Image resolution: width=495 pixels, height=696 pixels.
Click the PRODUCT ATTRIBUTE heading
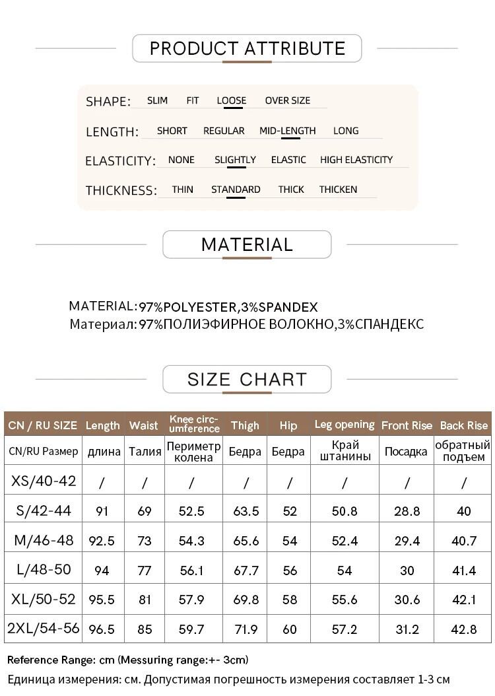[x=247, y=48]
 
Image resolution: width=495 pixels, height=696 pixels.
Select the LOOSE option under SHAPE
[x=231, y=100]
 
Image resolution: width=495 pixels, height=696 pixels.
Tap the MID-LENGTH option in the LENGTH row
[x=287, y=131]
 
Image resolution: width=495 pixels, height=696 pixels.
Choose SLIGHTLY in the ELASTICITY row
[x=235, y=160]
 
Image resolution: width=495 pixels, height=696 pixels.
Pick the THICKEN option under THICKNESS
[x=338, y=190]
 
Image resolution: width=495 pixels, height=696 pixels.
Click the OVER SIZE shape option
[x=287, y=100]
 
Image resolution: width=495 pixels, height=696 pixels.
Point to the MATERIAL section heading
[x=247, y=244]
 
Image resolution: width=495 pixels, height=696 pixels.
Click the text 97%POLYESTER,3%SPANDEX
[x=228, y=307]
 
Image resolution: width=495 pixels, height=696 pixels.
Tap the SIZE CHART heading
[x=247, y=379]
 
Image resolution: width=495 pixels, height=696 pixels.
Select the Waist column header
[x=144, y=425]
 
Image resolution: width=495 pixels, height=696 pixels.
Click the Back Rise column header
[x=463, y=425]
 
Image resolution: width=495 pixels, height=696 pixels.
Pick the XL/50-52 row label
[x=44, y=600]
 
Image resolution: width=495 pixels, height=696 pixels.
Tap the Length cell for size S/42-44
[x=102, y=511]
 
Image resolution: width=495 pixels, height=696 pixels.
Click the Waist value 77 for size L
[x=144, y=571]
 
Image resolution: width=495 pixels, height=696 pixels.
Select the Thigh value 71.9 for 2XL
[x=246, y=629]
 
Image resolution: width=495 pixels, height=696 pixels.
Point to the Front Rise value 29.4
[x=407, y=541]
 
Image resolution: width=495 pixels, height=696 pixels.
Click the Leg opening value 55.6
[x=345, y=600]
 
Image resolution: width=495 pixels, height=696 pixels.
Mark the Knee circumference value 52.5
[x=191, y=511]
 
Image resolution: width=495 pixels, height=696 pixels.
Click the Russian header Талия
[x=144, y=452]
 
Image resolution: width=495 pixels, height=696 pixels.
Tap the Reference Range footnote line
[x=128, y=660]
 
